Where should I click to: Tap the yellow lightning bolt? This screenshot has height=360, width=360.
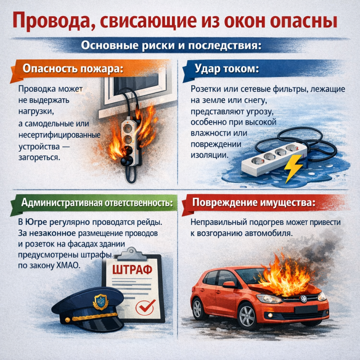[x=292, y=168]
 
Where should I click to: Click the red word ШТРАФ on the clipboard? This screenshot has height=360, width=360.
[x=132, y=270]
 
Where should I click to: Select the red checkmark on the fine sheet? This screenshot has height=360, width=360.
[x=146, y=306]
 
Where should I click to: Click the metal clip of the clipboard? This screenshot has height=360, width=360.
[x=132, y=254]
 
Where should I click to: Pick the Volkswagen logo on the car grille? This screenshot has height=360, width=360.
[x=303, y=299]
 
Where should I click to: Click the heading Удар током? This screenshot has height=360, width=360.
[x=227, y=69]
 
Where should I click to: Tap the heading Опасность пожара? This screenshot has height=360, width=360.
[x=73, y=69]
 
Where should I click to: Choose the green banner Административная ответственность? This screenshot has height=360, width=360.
[x=94, y=203]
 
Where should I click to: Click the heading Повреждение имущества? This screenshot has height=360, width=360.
[x=254, y=202]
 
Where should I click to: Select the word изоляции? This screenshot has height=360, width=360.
[x=210, y=155]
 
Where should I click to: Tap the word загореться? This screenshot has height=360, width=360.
[x=39, y=158]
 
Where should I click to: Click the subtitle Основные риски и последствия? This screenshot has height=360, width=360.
[x=171, y=45]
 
